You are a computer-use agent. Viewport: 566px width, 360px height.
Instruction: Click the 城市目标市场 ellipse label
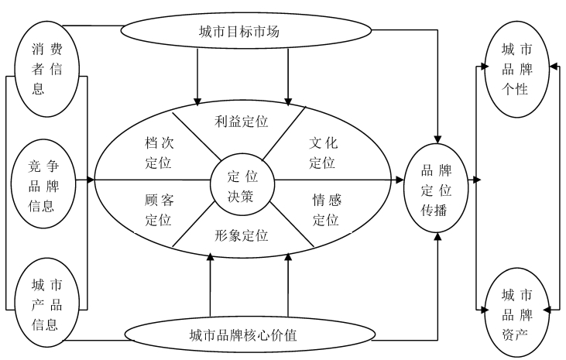pyautogui.click(x=239, y=32)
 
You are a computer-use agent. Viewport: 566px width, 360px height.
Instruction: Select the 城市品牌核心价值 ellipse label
pyautogui.click(x=243, y=335)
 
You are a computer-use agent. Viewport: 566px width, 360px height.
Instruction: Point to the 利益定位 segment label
pyautogui.click(x=241, y=122)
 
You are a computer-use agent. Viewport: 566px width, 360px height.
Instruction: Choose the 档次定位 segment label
pyautogui.click(x=160, y=153)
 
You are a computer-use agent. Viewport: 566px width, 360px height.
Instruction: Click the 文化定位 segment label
pyautogui.click(x=323, y=153)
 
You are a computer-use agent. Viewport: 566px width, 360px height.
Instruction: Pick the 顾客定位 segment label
pyautogui.click(x=160, y=210)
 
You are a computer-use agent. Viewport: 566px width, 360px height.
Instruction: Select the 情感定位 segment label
pyautogui.click(x=327, y=210)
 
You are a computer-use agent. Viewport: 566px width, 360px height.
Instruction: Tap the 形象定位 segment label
pyautogui.click(x=241, y=235)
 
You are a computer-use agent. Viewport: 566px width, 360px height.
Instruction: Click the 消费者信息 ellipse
pyautogui.click(x=46, y=69)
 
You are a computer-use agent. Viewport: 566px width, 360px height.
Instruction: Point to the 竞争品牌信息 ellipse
pyautogui.click(x=43, y=183)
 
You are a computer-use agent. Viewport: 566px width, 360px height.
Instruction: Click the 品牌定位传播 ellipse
pyautogui.click(x=436, y=188)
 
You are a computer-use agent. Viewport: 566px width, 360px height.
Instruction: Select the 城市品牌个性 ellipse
pyautogui.click(x=516, y=69)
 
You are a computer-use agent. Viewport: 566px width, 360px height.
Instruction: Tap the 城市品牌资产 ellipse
pyautogui.click(x=516, y=312)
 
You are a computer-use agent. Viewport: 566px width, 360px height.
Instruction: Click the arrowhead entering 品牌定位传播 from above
pyautogui.click(x=437, y=139)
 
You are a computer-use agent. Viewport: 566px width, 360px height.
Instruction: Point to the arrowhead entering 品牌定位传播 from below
pyautogui.click(x=437, y=236)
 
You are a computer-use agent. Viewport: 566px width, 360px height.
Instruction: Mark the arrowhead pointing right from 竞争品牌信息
pyautogui.click(x=91, y=180)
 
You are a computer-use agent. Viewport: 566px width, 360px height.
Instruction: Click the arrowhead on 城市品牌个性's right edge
pyautogui.click(x=554, y=67)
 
